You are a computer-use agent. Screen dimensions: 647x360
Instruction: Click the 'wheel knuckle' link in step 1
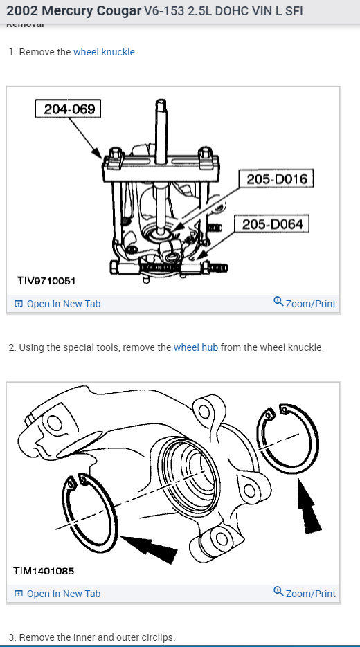click(x=105, y=52)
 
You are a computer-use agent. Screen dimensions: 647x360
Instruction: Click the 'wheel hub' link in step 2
click(x=196, y=347)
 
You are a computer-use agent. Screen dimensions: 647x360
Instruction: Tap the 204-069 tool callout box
click(x=69, y=109)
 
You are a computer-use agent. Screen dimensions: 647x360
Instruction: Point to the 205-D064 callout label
click(x=272, y=224)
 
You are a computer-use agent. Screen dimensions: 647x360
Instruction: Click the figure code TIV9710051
click(x=46, y=281)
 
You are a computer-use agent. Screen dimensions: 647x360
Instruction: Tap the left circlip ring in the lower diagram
click(x=91, y=510)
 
